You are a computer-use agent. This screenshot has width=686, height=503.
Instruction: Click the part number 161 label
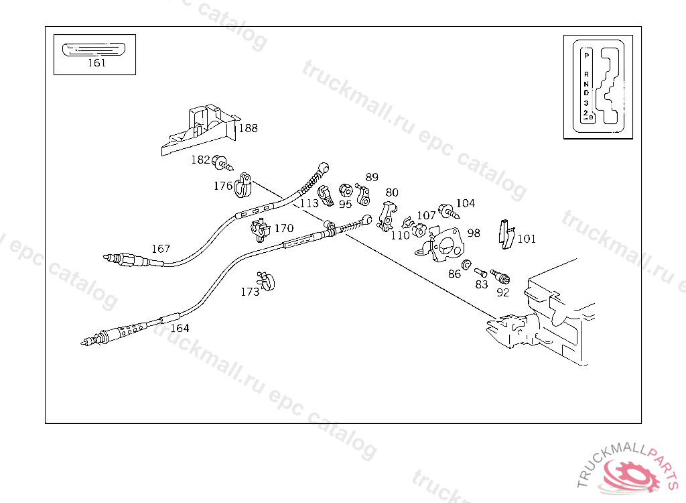pos(96,62)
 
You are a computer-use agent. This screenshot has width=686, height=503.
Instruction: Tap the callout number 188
pos(248,128)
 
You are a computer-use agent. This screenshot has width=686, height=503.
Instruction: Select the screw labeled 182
pos(222,162)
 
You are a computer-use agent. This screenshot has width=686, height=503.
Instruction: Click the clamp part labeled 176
pos(243,185)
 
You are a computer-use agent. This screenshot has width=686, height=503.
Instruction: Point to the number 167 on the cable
pos(161,249)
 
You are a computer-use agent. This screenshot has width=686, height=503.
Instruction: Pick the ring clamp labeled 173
pos(266,281)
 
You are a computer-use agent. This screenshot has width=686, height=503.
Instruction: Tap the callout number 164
pos(180,328)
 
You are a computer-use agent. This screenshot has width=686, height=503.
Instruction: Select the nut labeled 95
pos(346,190)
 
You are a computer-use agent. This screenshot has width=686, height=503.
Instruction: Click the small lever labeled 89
pos(362,194)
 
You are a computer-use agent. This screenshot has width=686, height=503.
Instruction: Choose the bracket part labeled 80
pos(387,216)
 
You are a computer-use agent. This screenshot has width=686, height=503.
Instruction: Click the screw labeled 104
pos(448,211)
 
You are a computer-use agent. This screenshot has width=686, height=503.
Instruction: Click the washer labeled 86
pos(467,264)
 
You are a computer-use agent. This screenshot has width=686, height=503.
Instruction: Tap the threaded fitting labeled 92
pos(500,276)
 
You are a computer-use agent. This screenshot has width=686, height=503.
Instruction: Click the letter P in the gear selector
pos(586,56)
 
